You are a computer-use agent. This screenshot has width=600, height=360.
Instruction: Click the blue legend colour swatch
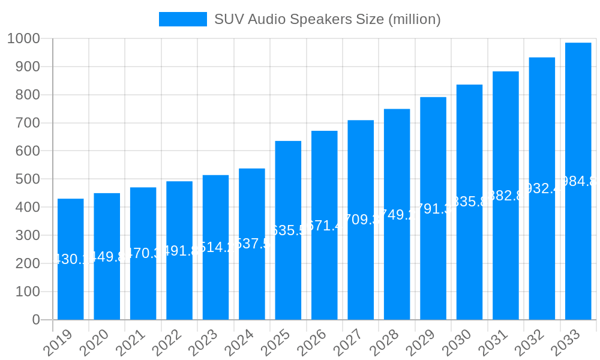[x=182, y=19]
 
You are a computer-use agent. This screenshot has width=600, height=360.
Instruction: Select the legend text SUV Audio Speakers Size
[x=328, y=19]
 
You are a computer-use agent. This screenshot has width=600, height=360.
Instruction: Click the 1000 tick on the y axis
[x=23, y=38]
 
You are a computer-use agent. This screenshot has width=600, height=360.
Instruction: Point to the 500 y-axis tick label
[x=27, y=179]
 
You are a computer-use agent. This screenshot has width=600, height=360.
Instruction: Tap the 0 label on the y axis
[x=36, y=320]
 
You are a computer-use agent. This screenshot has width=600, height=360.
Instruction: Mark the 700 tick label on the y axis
[x=27, y=123]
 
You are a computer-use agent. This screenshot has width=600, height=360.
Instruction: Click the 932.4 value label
[x=542, y=188]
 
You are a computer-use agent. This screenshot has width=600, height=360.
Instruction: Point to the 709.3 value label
[x=361, y=220]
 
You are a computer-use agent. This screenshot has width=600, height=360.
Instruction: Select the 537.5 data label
[x=252, y=244]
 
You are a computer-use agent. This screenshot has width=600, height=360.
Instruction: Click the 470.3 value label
[x=143, y=253]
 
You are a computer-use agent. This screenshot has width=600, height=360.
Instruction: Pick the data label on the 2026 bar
[x=325, y=225]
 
